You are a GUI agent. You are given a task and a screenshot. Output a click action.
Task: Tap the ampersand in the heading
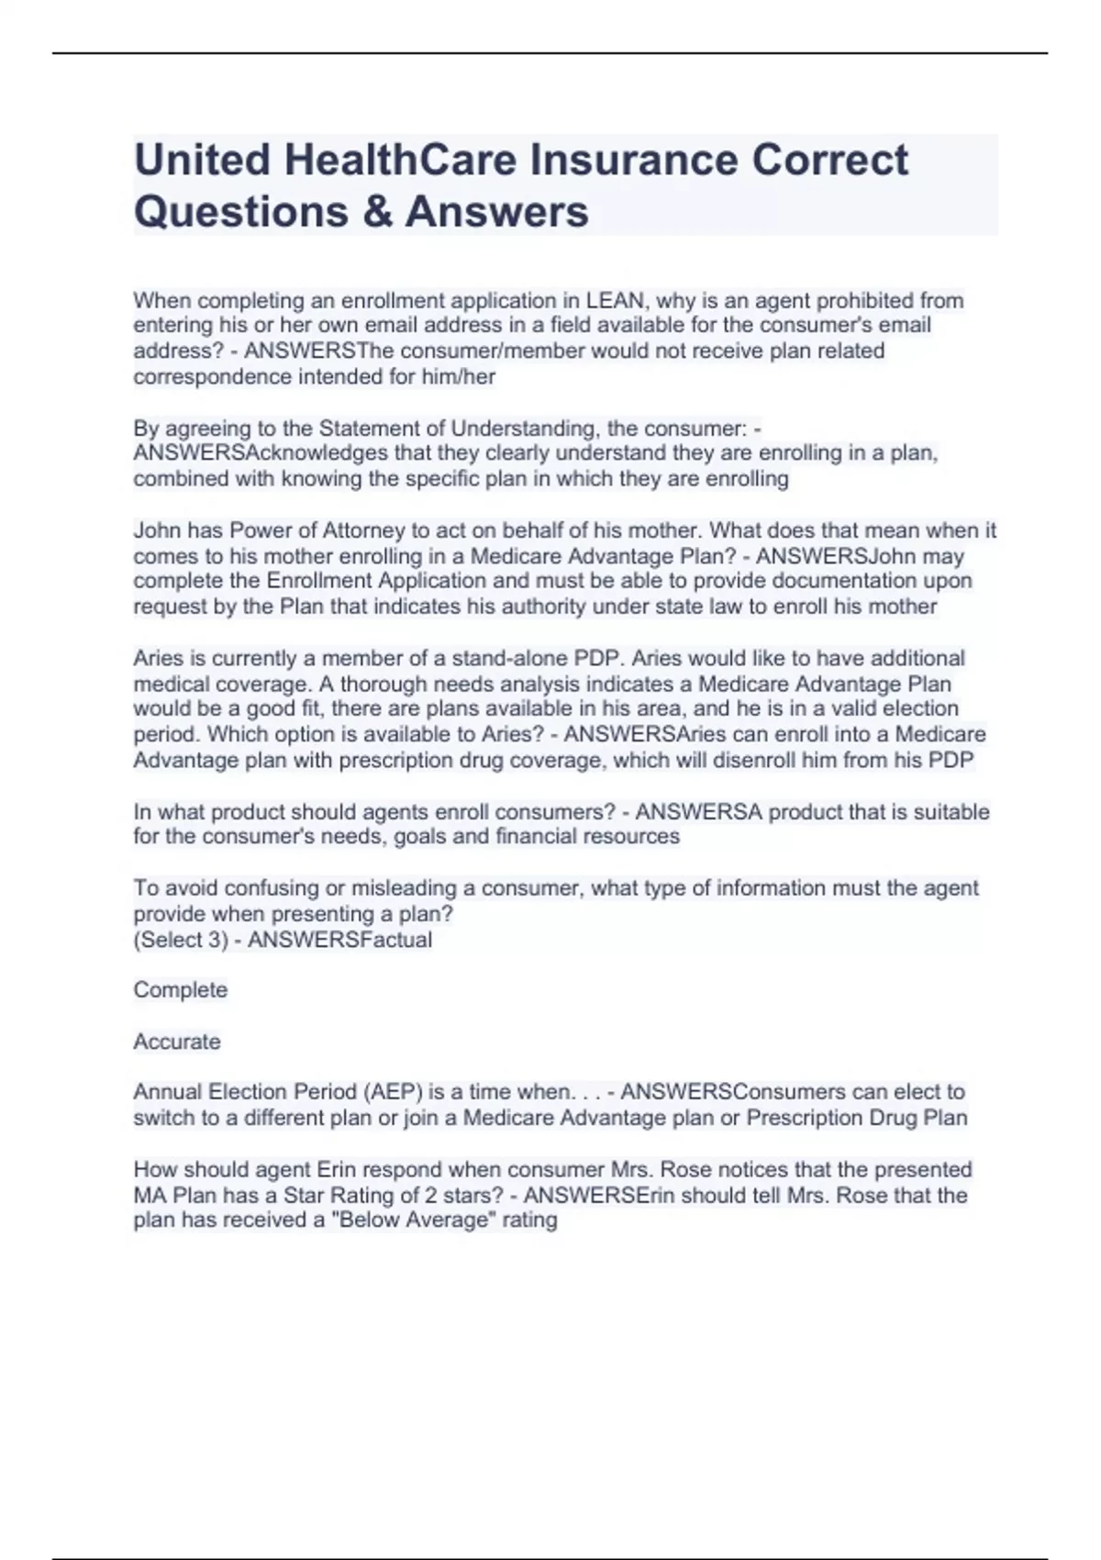[x=376, y=211]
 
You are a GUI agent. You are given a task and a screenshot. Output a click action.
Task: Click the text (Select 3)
[x=181, y=940]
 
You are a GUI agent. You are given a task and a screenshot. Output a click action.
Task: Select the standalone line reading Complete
[x=181, y=990]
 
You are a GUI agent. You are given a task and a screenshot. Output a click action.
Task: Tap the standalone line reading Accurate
[x=177, y=1042]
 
